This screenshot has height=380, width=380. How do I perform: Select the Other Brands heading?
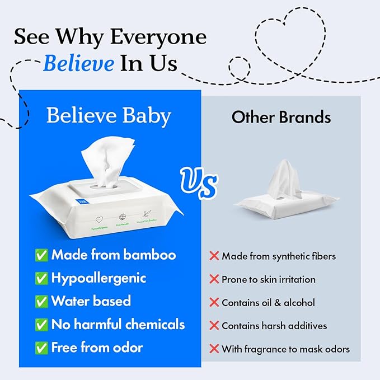tap(281, 117)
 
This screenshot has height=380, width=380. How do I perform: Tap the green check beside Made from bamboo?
tap(41, 255)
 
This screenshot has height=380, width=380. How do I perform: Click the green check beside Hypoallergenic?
tap(41, 278)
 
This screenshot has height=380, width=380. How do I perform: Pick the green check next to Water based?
tap(41, 301)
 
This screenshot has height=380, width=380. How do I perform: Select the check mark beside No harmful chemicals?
tap(41, 324)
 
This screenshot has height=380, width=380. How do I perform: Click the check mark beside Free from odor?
tap(41, 348)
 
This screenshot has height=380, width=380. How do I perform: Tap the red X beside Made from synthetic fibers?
tap(214, 256)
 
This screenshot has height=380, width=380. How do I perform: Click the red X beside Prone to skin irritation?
tap(214, 279)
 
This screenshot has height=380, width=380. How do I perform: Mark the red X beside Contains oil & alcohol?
tap(214, 303)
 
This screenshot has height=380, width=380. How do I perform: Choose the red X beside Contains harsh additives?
tap(214, 326)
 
